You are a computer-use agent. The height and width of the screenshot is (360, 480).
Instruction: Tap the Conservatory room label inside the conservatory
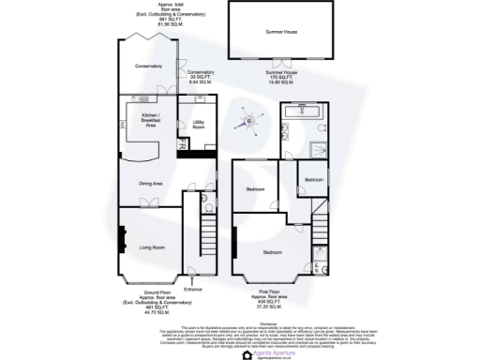coord(148,66)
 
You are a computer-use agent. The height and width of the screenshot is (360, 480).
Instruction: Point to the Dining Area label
coord(151,184)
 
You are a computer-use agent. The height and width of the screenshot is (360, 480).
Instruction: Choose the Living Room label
coord(152,247)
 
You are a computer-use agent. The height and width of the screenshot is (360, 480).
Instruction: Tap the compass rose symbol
coord(250,119)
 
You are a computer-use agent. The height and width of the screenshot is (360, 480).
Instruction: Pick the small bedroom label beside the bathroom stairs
coord(313,179)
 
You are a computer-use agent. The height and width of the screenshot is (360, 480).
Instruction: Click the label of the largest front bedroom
coord(273,253)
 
